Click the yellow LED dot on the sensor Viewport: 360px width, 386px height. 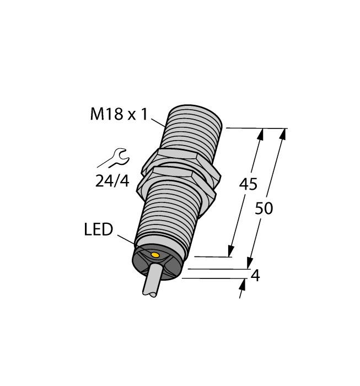pos(155,255)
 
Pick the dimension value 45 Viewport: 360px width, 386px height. pos(248,185)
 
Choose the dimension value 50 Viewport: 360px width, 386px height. pos(265,208)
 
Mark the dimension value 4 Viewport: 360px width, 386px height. pos(255,275)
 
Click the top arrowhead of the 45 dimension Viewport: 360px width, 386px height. pos(260,133)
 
